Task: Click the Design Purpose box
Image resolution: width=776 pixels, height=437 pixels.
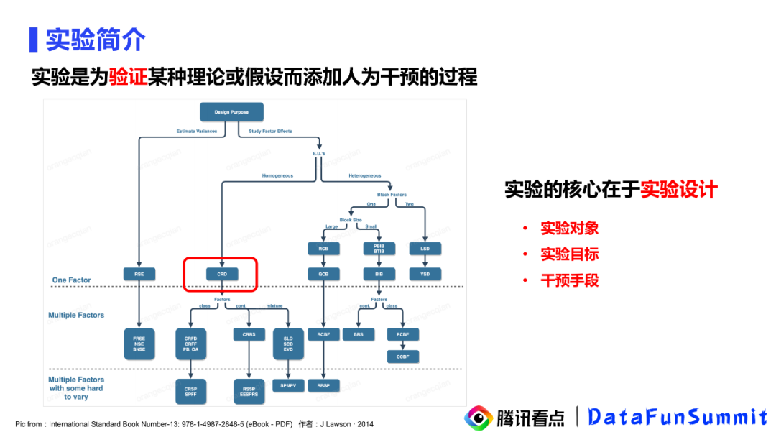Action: click(231, 111)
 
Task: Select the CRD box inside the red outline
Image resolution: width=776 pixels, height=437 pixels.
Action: click(221, 274)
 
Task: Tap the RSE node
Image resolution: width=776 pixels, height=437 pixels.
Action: click(139, 274)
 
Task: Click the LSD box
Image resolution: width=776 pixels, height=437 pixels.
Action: click(425, 249)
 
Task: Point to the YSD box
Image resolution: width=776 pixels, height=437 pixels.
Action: click(425, 274)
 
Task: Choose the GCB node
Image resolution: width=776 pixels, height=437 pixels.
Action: click(318, 274)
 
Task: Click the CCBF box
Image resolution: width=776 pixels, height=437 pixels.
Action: click(402, 356)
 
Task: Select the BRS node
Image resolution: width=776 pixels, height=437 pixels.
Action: click(358, 334)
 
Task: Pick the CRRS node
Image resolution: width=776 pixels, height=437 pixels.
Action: click(249, 334)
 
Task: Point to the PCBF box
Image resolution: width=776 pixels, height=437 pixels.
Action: click(402, 334)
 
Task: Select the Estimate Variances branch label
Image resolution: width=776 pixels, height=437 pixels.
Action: click(196, 132)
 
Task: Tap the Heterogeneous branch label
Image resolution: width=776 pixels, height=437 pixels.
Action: click(364, 175)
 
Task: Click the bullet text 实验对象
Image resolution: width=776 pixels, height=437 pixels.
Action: click(569, 229)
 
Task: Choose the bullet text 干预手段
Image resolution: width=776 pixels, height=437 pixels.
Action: click(569, 280)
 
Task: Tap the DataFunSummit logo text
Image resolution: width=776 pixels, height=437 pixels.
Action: click(678, 417)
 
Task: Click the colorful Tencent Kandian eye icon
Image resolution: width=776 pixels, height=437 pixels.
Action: click(478, 418)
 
